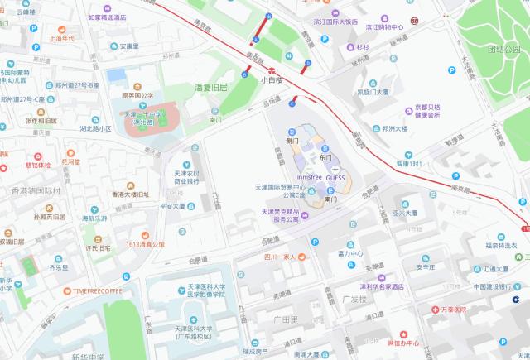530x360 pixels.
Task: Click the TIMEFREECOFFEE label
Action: pyautogui.click(x=97, y=291)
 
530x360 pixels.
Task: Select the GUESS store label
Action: pyautogui.click(x=336, y=178)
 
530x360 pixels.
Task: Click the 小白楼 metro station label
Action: pyautogui.click(x=272, y=80)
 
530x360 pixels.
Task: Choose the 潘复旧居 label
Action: pyautogui.click(x=210, y=86)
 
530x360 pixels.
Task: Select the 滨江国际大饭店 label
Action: pyautogui.click(x=335, y=22)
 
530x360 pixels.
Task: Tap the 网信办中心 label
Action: pyautogui.click(x=403, y=343)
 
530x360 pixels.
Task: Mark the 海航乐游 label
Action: pyautogui.click(x=95, y=219)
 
